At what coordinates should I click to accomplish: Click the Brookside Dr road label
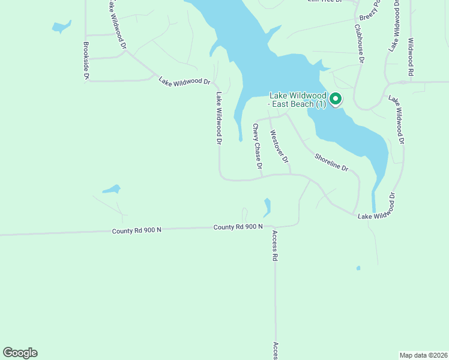coord(86,61)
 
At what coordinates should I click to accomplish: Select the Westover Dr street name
coord(279,147)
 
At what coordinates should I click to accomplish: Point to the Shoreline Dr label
coord(331,162)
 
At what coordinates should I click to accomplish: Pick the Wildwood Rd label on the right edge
coord(411,57)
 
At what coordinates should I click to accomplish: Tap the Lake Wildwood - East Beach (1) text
coord(298,100)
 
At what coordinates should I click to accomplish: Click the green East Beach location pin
coord(336,99)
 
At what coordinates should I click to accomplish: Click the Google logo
coord(20,353)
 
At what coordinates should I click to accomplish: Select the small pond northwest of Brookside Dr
coord(61,27)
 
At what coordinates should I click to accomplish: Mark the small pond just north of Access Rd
coord(267,208)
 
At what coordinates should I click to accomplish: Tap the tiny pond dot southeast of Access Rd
coord(358,268)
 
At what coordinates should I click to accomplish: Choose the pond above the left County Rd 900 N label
coord(112,190)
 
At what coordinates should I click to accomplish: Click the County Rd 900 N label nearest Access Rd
coord(238,227)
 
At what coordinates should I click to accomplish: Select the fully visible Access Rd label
coord(275,245)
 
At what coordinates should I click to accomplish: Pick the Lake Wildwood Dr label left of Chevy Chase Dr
coord(219,118)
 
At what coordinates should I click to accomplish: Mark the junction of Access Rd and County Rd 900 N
coord(275,227)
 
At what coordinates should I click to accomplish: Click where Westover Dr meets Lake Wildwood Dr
coord(291,175)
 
